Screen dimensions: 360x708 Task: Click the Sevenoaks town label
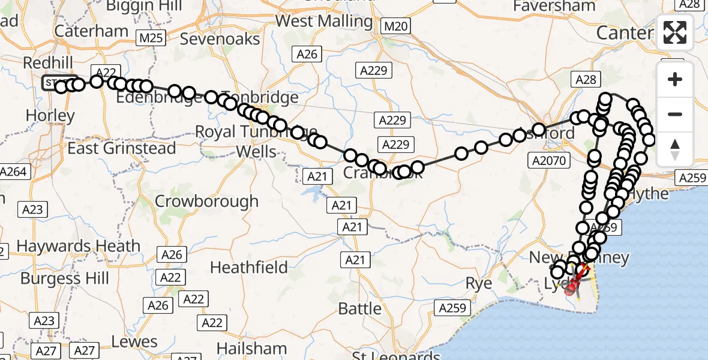pyautogui.click(x=220, y=40)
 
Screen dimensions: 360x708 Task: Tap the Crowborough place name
pyautogui.click(x=206, y=201)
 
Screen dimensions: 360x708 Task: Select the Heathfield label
pyautogui.click(x=249, y=266)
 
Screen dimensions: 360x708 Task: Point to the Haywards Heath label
pyautogui.click(x=78, y=246)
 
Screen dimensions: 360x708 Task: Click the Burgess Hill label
pyautogui.click(x=65, y=278)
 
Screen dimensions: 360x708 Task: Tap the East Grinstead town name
pyautogui.click(x=121, y=148)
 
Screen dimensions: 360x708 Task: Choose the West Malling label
pyautogui.click(x=324, y=21)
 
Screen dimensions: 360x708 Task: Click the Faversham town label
pyautogui.click(x=555, y=6)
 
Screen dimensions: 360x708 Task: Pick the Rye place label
pyautogui.click(x=479, y=283)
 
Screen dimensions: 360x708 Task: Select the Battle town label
pyautogui.click(x=360, y=309)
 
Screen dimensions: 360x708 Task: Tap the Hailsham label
pyautogui.click(x=251, y=349)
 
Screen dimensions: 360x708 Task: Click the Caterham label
pyautogui.click(x=91, y=31)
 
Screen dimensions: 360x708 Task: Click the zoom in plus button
pyautogui.click(x=675, y=79)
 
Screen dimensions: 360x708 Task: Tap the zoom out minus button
pyautogui.click(x=675, y=114)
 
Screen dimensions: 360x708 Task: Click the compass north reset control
pyautogui.click(x=675, y=149)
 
